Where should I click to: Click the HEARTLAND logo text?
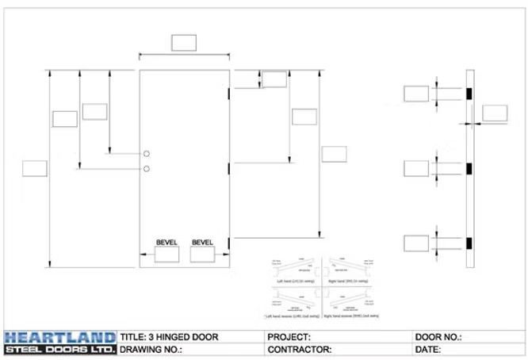59,336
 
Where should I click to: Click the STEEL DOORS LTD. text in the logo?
59,349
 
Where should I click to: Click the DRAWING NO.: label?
151,349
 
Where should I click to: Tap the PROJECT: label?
289,337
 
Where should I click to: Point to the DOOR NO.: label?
438,337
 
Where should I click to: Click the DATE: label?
428,349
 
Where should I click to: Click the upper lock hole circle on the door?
147,154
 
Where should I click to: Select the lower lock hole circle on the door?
147,168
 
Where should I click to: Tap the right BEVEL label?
204,242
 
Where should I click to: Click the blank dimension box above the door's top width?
184,42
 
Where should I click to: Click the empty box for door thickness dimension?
495,113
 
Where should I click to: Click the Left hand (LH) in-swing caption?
289,281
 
